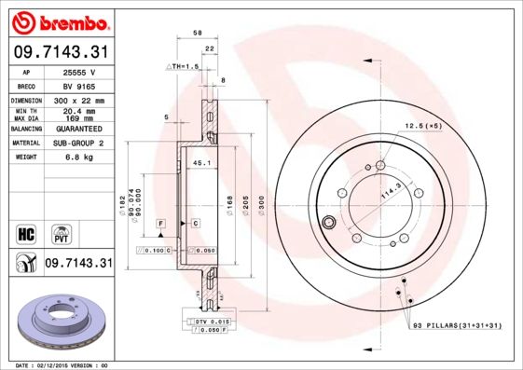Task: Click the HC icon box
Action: click(26, 232)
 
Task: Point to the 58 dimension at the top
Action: click(198, 33)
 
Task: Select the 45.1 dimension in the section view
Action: click(199, 163)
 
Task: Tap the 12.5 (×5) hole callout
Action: click(422, 125)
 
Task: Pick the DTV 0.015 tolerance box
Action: click(213, 321)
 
